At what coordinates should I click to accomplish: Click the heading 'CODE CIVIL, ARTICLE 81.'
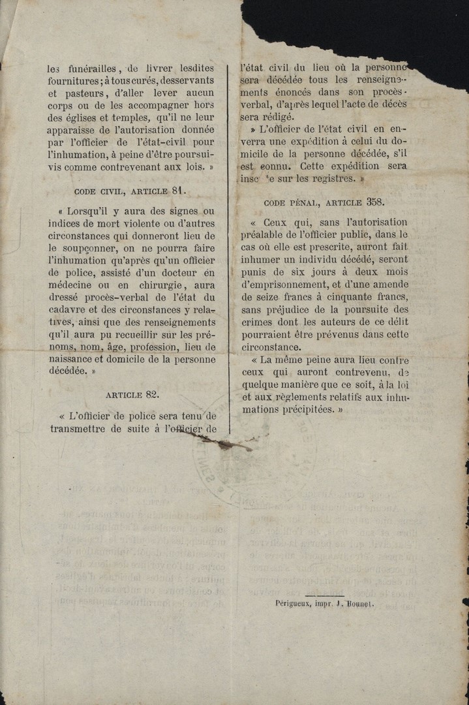pyautogui.click(x=130, y=191)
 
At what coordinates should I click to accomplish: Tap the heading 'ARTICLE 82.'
pyautogui.click(x=132, y=394)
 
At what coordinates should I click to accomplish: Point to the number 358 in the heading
pyautogui.click(x=375, y=202)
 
